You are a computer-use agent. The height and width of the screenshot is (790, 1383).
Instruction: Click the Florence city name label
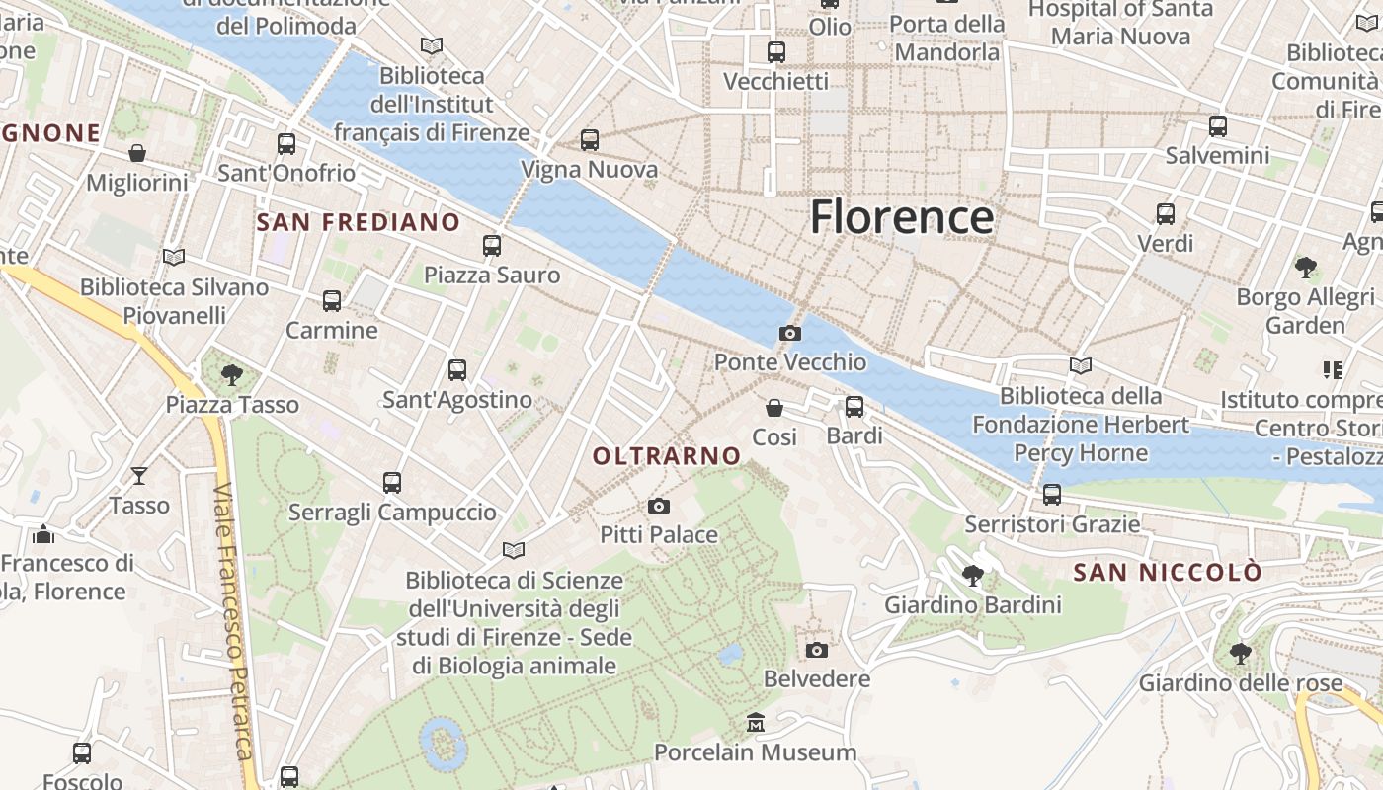coord(902,217)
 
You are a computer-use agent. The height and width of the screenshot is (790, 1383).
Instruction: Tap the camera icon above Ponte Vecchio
coord(789,334)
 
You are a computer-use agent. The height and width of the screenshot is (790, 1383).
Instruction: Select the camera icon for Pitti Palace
coord(659,507)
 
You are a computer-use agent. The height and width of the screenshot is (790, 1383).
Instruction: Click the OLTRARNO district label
coord(667,456)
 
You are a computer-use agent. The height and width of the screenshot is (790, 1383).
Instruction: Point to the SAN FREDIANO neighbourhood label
coord(359,222)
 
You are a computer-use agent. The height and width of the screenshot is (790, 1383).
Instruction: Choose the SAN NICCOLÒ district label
coord(1168,573)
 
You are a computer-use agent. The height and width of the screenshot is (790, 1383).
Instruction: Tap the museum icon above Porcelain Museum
coord(756,723)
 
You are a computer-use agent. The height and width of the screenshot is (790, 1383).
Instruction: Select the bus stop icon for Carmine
coord(332,301)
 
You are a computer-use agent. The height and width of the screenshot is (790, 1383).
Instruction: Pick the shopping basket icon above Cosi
coord(774,408)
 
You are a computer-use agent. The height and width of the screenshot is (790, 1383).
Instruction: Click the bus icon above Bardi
coord(854,407)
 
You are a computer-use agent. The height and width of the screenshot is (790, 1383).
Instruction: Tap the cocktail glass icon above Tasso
coord(139,476)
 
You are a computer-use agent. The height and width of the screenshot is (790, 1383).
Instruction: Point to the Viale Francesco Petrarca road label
coord(235,622)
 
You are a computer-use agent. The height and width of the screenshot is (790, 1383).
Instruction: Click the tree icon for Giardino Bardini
coord(973,575)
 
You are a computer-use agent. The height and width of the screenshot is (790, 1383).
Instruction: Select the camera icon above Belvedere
coord(816,650)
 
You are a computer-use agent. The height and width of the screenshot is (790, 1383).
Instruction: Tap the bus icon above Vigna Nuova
coord(590,140)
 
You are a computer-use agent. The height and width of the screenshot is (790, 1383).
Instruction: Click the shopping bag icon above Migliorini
coord(137,153)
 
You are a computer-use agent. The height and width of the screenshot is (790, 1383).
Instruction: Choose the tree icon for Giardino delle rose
coord(1241,654)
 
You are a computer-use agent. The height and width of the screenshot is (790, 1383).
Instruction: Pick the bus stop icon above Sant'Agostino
coord(456,370)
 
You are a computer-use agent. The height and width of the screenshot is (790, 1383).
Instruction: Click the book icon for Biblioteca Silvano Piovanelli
coord(174,258)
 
